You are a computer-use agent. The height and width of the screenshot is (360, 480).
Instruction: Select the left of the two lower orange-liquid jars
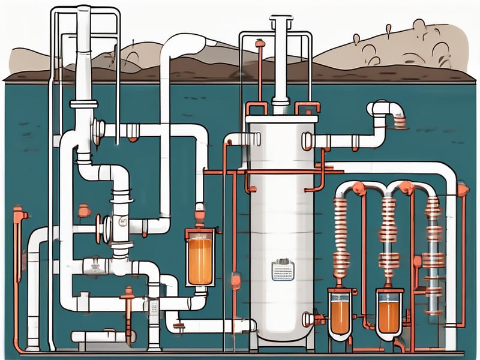(340, 312)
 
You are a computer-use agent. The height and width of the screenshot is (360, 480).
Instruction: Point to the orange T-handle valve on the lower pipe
(128, 294)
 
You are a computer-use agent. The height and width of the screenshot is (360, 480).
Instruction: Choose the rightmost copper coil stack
(434, 222)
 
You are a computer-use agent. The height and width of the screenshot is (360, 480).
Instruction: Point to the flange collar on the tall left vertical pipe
(84, 104)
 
